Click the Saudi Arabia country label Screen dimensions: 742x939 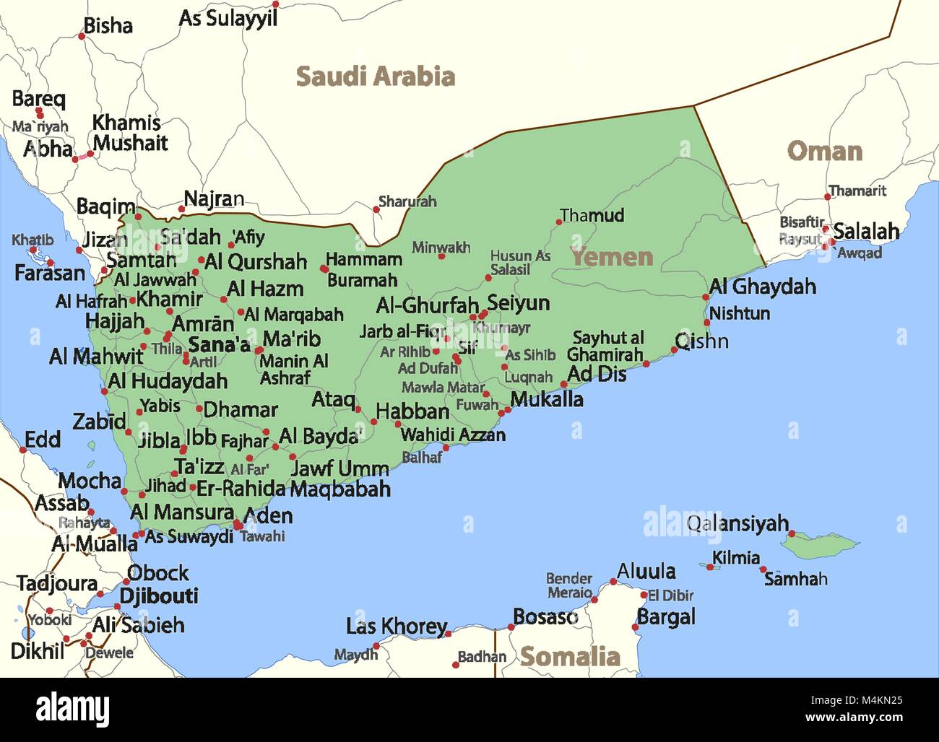point(376,77)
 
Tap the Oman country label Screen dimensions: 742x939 point(824,152)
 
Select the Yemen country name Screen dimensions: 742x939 point(612,257)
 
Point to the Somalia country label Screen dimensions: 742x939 point(570,657)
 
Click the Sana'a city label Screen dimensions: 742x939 point(219,345)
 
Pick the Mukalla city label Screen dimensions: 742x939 point(547,399)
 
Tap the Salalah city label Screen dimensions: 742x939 point(866,232)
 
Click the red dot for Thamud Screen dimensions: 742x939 point(559,222)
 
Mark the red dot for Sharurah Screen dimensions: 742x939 point(376,210)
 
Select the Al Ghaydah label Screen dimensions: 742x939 point(762,287)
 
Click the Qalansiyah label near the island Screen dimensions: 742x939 point(737,523)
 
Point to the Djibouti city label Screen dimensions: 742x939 point(158,596)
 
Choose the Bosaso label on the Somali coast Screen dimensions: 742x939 point(545,617)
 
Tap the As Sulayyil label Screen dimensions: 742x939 point(228,19)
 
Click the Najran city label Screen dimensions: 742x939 point(214,199)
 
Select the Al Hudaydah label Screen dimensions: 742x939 point(168,381)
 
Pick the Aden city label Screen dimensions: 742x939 point(268,515)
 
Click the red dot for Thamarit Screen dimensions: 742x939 point(828,196)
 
